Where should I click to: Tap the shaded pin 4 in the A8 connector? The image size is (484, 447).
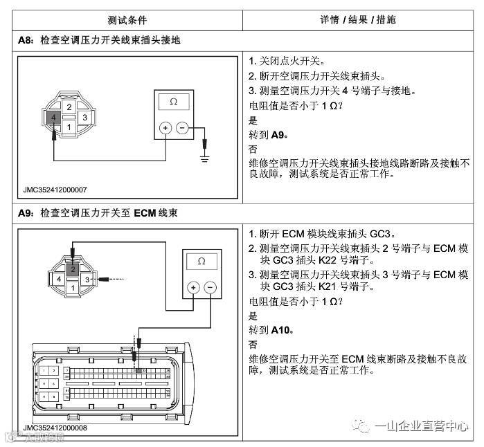point(53,118)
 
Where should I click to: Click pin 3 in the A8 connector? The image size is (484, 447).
point(84,118)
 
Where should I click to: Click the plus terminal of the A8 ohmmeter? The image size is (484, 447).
point(165,128)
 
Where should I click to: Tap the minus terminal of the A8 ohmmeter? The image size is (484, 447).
point(182,128)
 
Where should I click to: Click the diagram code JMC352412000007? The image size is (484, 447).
point(55,188)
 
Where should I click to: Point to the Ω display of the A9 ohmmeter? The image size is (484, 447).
point(201,262)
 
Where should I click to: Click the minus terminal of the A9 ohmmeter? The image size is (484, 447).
point(210,287)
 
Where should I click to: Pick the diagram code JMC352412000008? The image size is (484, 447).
point(55,428)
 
